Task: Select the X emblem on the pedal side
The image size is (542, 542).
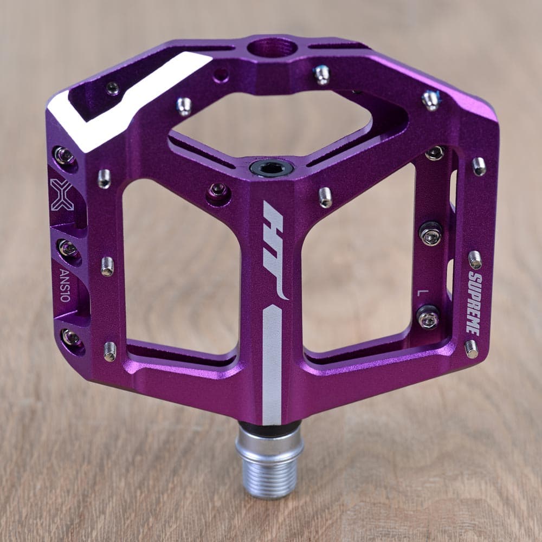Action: click(61, 194)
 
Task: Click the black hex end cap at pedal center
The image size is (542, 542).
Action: click(271, 167)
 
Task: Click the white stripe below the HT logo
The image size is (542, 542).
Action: click(272, 363)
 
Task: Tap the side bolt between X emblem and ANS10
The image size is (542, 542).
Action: click(68, 248)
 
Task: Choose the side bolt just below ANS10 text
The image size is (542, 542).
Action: click(70, 337)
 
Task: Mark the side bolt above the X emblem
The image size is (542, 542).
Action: click(64, 156)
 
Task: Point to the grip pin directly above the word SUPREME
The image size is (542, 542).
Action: click(475, 259)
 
